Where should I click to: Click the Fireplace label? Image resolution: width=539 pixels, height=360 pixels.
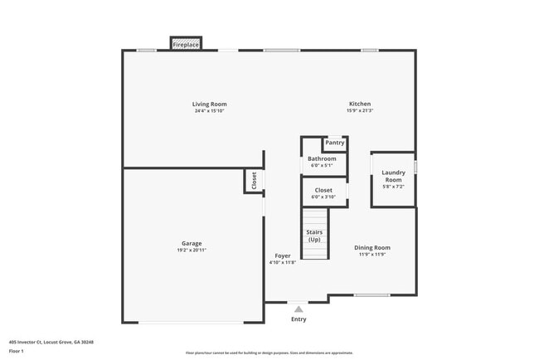coord(186,44)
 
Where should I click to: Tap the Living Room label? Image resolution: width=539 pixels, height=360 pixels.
coord(210,104)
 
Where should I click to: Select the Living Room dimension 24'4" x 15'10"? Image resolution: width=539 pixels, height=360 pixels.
coord(210,111)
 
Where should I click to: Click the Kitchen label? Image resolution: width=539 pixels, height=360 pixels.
coord(360,104)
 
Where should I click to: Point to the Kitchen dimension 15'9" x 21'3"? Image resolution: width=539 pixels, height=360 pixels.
coord(360,111)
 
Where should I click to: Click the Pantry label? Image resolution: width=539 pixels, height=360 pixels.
coord(334,143)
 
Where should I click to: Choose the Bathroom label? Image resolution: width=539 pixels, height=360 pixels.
coord(322,158)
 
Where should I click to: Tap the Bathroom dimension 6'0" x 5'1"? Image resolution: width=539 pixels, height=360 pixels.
coord(322,165)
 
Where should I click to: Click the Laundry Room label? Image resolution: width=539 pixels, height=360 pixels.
coord(393,176)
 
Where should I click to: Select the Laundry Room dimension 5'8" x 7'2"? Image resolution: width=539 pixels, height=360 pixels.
coord(393,187)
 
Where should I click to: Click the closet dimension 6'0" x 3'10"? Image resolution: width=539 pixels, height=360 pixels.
coord(323,197)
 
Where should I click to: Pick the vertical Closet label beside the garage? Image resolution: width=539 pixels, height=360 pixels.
coord(254,180)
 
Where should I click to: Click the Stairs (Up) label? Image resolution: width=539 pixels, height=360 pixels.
coord(314,236)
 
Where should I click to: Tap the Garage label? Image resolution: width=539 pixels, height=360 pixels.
coord(192,243)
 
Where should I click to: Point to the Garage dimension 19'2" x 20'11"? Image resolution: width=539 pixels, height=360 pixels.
coord(192,251)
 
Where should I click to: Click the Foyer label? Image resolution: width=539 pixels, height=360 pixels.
coord(283,255)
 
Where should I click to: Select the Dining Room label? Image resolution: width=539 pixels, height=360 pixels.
coord(372,247)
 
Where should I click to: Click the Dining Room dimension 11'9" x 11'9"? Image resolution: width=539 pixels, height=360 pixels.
coord(372,255)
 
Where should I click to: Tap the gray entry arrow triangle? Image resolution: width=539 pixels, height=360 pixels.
coord(299,309)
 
